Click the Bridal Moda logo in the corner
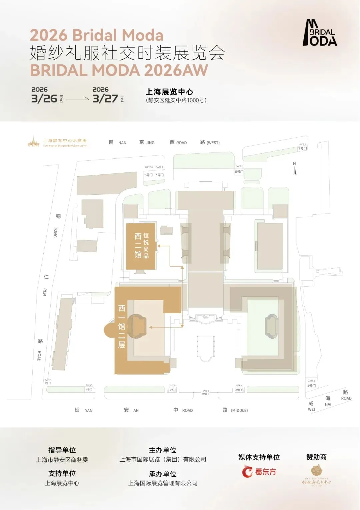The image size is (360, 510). pos(320,33)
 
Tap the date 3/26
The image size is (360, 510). pos(44,99)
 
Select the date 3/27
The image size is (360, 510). pos(105,99)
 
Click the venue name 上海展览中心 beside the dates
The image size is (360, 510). pos(169,92)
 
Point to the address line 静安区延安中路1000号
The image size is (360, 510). pos(176,100)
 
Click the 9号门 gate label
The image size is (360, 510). pos(302,148)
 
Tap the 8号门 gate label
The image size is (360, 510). pos(239,172)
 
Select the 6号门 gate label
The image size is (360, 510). pos(149,175)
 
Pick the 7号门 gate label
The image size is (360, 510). pos(159,175)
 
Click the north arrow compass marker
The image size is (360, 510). pos(295,170)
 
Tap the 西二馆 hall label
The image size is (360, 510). pos(138,245)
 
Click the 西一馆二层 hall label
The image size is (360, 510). pos(122,326)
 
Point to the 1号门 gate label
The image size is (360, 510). pos(311,386)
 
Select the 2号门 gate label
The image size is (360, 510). pos(238,390)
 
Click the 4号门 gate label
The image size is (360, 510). pos(89,389)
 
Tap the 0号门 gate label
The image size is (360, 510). pos(205,394)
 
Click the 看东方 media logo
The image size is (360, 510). pos(259,472)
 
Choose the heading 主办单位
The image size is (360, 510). pos(162,450)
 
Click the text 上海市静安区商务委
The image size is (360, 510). pos(62,460)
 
